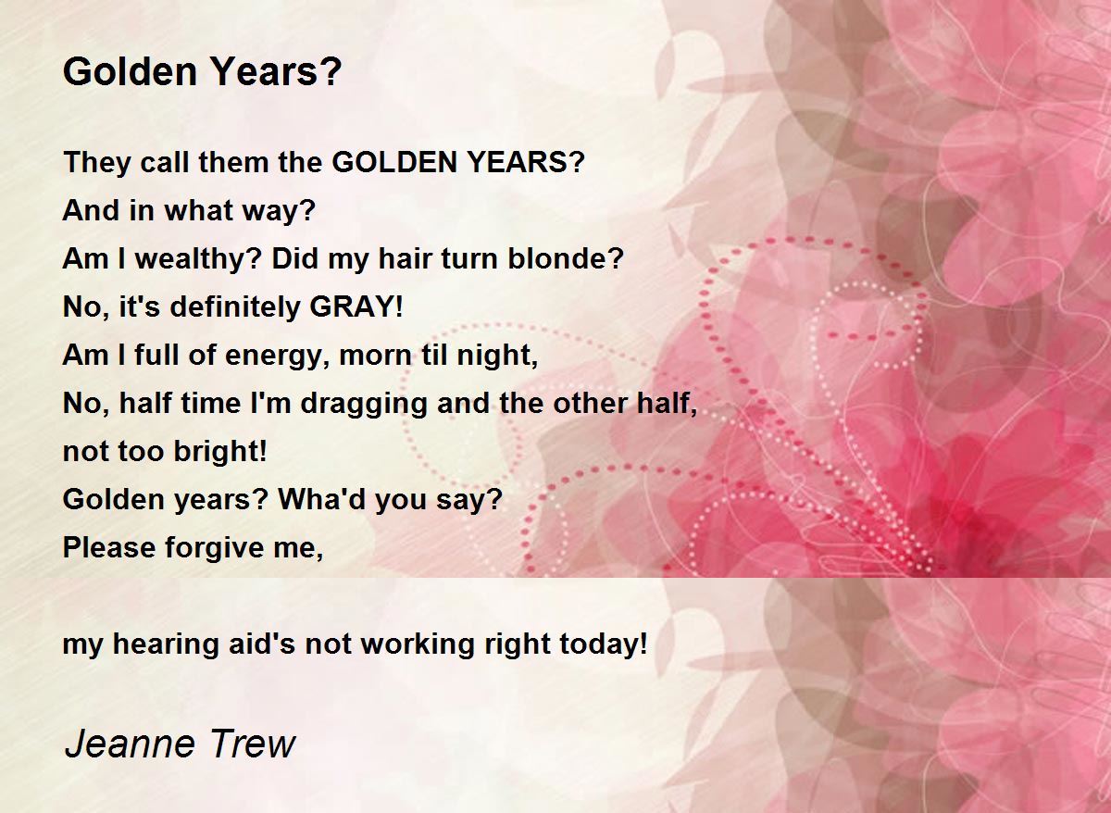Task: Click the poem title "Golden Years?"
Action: point(202,72)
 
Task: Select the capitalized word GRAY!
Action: point(356,306)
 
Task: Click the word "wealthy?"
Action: point(198,258)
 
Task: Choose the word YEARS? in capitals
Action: point(525,163)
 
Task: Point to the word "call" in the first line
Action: point(163,163)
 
